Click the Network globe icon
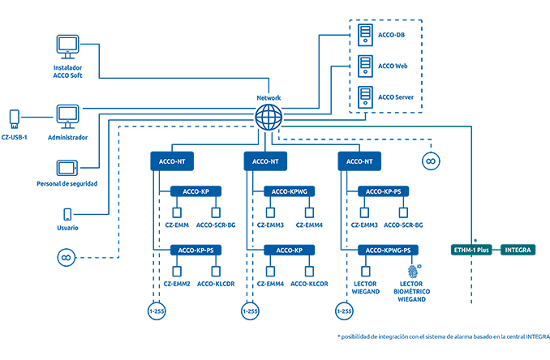pos(269,117)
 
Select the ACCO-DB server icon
pos(365,35)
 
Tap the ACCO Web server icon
pos(365,66)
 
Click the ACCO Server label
pos(396,97)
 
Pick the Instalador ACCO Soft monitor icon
pos(67,46)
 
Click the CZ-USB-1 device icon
pos(14,119)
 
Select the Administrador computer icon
pos(67,117)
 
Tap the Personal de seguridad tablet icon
pos(67,168)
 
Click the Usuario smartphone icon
pos(67,214)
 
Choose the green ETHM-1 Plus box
pos(471,250)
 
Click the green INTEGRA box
pos(518,250)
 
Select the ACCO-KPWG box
pos(290,191)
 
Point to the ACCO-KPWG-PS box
pos(388,251)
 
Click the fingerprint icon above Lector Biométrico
pos(413,271)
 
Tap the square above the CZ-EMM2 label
pos(177,272)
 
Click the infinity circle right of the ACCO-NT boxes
pos(431,161)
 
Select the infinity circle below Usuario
pos(67,258)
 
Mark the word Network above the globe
pos(269,98)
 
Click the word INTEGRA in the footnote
pos(538,336)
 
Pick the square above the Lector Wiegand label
pos(366,272)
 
